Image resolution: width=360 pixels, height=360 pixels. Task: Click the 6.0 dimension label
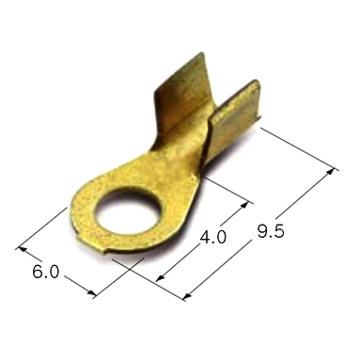click(46, 272)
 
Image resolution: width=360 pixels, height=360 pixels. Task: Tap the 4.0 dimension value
click(213, 237)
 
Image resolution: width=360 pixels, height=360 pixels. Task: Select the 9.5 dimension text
click(271, 231)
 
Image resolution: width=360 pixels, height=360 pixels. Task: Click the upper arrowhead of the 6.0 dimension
click(22, 249)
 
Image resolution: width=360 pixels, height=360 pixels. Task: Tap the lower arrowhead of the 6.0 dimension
click(92, 293)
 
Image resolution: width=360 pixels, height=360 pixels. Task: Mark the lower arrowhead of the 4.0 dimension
click(160, 277)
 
